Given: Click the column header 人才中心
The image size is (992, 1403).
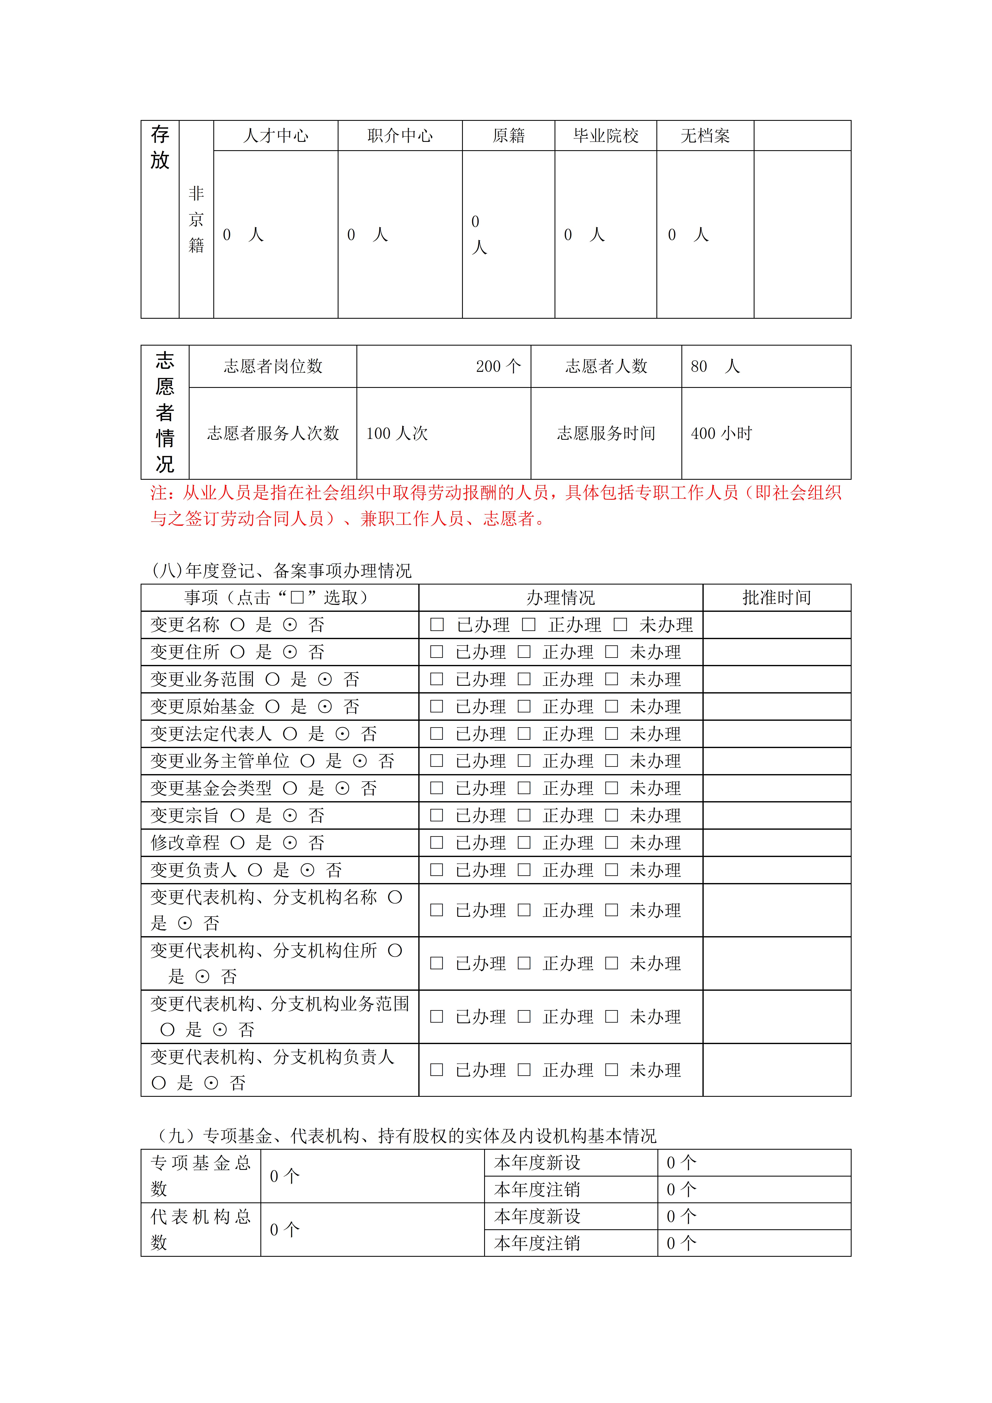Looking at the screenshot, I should click(276, 136).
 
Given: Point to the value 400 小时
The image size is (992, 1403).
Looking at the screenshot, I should click(721, 433).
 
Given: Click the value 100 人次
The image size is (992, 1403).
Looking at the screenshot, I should click(397, 433).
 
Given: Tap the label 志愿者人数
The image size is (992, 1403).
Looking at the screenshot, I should click(606, 366).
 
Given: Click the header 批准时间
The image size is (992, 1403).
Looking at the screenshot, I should click(776, 598).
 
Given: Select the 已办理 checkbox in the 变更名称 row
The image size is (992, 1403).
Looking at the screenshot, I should click(437, 625).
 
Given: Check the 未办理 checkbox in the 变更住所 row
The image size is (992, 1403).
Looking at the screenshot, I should click(612, 652).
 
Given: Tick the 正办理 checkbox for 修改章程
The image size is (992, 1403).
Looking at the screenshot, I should click(524, 843).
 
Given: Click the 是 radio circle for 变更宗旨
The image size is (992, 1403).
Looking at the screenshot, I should click(238, 815).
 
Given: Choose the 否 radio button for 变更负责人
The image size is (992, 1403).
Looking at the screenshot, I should click(307, 870).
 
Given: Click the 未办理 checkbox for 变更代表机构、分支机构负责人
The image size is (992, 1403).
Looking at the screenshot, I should click(612, 1070).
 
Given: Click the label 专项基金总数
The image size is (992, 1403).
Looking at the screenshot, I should click(200, 1176).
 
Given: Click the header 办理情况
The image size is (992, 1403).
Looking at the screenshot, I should click(561, 598).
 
